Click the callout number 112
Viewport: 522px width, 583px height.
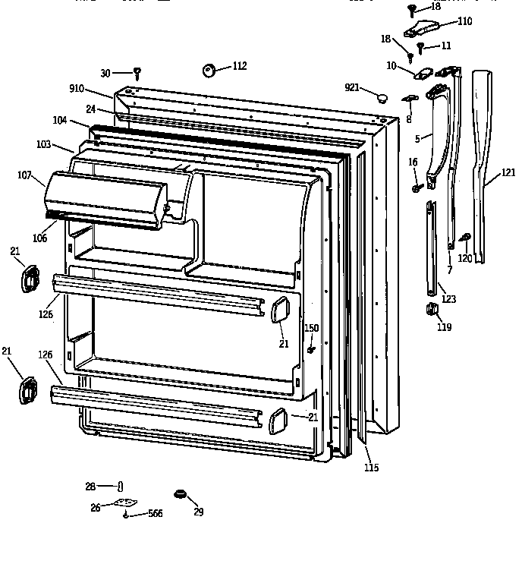(239, 66)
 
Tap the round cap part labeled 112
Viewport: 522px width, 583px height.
(209, 70)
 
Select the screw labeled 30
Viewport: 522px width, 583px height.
(137, 74)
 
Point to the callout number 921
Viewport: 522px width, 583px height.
(351, 89)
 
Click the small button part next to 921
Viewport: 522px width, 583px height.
(382, 97)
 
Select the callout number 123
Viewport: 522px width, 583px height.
(448, 299)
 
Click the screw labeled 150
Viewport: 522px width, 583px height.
(311, 349)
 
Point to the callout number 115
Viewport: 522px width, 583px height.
(371, 467)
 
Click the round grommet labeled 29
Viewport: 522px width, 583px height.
(180, 495)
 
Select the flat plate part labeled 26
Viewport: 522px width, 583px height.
(125, 503)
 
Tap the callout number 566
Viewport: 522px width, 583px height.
(155, 514)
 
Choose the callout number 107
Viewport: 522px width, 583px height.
(24, 176)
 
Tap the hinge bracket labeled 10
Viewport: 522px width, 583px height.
(423, 74)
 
